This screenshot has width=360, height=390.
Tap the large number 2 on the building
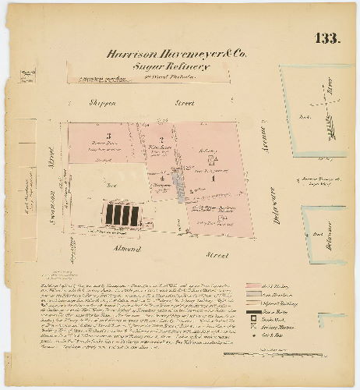(161, 139)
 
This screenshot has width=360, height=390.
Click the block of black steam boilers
(122, 213)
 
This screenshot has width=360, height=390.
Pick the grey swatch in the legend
(254, 295)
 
